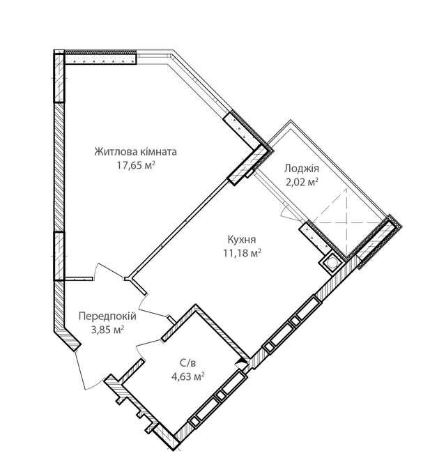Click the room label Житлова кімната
coord(136,151)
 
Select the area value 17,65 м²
coord(136,165)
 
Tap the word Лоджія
coord(302,169)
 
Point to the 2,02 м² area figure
coord(302,183)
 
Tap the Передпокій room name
coord(107,316)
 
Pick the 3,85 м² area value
coord(107,330)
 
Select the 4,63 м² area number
coord(187,376)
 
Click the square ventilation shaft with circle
coord(331,263)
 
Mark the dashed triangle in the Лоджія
coord(333,209)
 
